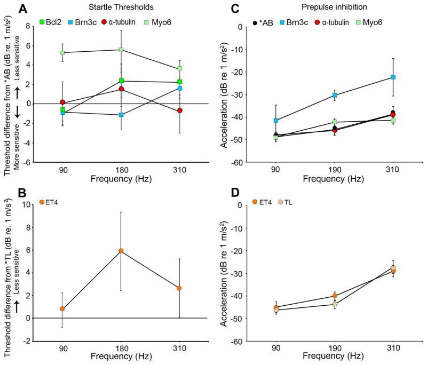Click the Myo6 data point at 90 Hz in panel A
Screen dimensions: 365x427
tap(62, 53)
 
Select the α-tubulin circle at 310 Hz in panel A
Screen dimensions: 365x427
tap(180, 110)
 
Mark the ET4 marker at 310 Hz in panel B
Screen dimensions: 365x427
tap(179, 288)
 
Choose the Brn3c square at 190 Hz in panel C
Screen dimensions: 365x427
tap(335, 95)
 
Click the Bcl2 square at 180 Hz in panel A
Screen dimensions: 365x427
tap(122, 81)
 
